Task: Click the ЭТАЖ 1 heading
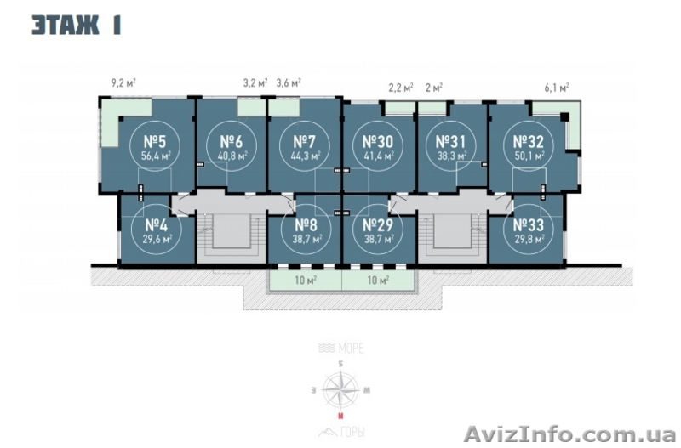(x=76, y=25)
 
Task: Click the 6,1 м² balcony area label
(x=557, y=87)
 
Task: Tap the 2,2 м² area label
(x=400, y=87)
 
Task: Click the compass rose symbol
(x=340, y=390)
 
